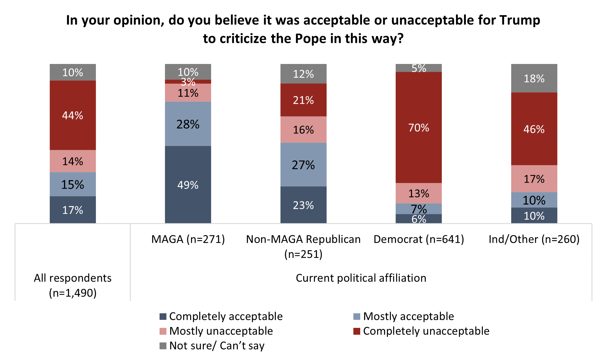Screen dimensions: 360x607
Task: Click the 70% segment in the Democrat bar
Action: tap(419, 128)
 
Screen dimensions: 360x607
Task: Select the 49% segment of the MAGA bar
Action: tap(188, 185)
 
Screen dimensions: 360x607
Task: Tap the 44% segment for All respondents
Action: tap(73, 115)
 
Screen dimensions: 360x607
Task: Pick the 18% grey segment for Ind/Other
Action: tap(534, 79)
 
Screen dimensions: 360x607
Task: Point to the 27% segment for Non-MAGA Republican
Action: tap(303, 165)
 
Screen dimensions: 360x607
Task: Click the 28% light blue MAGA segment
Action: tap(188, 124)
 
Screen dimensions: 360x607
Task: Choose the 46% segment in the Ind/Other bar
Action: tap(534, 129)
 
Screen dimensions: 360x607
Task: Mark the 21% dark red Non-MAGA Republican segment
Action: tap(303, 100)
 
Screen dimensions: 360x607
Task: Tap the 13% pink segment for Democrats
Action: tap(419, 193)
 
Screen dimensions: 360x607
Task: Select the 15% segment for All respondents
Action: tap(73, 184)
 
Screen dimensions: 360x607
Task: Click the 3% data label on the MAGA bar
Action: tap(188, 82)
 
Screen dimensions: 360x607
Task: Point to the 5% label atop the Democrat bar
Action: tap(419, 68)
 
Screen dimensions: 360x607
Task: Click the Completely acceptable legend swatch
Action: tap(163, 317)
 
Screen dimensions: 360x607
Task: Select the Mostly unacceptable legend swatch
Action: tap(163, 331)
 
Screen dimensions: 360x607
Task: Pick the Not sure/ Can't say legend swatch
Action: tap(163, 346)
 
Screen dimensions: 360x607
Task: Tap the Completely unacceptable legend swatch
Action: tap(357, 331)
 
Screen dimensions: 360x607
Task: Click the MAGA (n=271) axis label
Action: tap(188, 239)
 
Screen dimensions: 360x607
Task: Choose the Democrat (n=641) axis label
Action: tap(419, 239)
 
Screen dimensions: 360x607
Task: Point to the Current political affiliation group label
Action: tap(361, 278)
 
